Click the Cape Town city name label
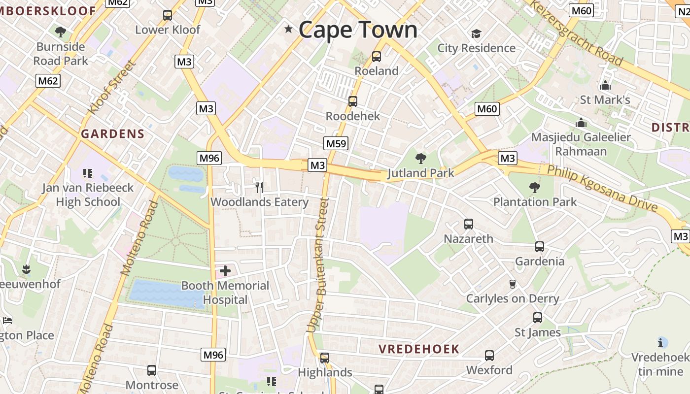point(358,30)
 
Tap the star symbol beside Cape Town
point(288,30)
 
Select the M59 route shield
point(336,143)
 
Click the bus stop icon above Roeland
point(377,57)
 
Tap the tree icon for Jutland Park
point(420,159)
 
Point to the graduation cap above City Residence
point(476,34)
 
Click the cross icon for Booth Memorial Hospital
point(225,270)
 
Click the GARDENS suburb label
point(113,134)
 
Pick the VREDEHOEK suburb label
point(419,349)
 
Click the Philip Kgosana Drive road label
point(603,188)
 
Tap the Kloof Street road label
point(111,87)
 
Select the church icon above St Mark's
point(605,85)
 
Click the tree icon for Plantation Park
point(534,187)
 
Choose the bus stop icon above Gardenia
point(540,247)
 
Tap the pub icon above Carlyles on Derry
point(513,284)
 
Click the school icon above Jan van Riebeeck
point(88,173)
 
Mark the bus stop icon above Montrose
point(152,370)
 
